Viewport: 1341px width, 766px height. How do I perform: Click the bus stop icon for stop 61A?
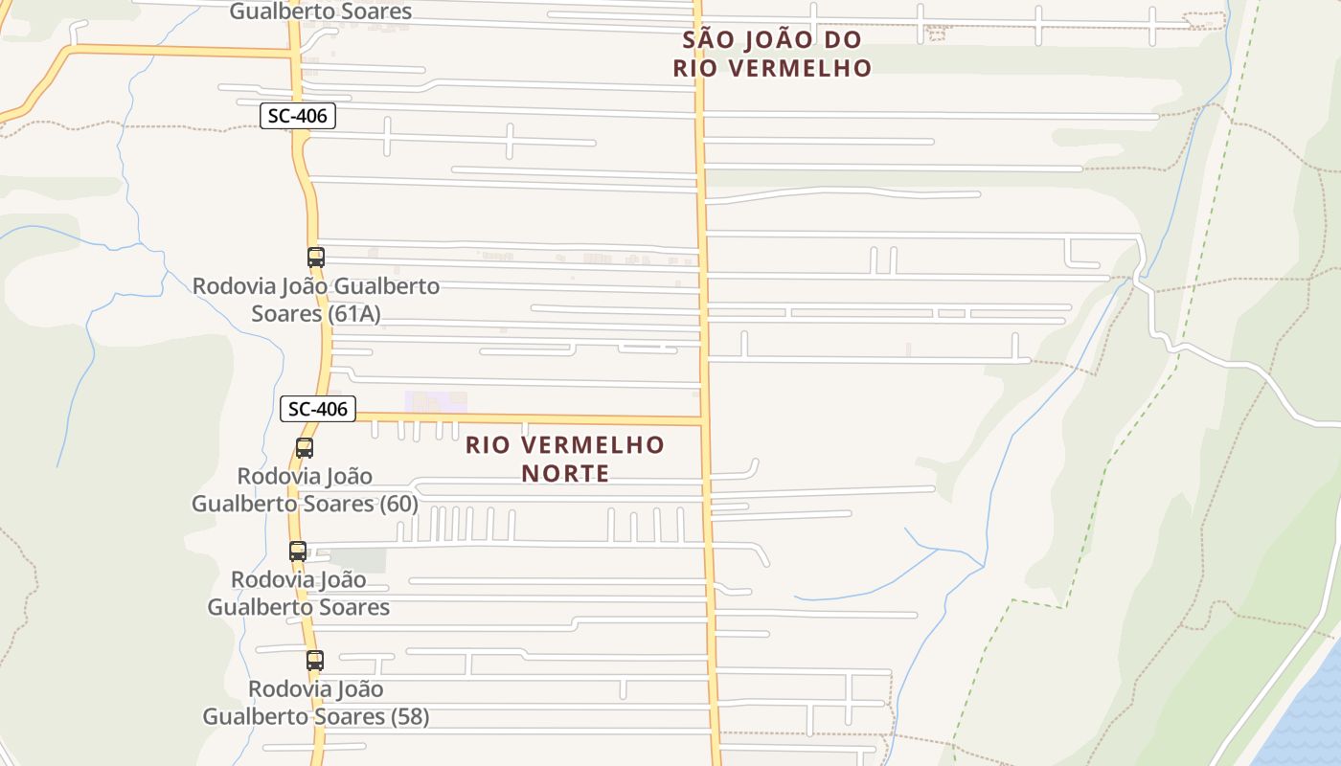click(316, 257)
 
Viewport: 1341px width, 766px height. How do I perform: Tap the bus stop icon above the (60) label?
click(305, 447)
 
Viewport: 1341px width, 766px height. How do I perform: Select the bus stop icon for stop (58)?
click(315, 660)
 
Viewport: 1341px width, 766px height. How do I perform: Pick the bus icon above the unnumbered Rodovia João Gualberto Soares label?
click(298, 551)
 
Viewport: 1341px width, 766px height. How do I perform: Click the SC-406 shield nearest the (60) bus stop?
click(318, 409)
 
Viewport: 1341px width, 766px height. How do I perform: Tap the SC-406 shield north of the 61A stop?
click(298, 117)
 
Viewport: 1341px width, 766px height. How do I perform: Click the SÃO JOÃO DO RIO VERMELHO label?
click(772, 54)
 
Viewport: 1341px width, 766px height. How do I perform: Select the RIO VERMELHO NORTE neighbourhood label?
click(565, 459)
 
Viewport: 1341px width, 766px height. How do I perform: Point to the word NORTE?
click(565, 473)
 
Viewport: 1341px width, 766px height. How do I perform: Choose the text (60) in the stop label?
click(398, 504)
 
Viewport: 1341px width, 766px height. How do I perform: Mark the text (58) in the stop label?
click(410, 716)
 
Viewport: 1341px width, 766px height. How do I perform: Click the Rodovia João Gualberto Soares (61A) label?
click(316, 300)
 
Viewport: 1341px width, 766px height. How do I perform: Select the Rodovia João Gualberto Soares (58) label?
click(315, 703)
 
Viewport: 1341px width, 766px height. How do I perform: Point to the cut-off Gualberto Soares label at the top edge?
click(321, 11)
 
